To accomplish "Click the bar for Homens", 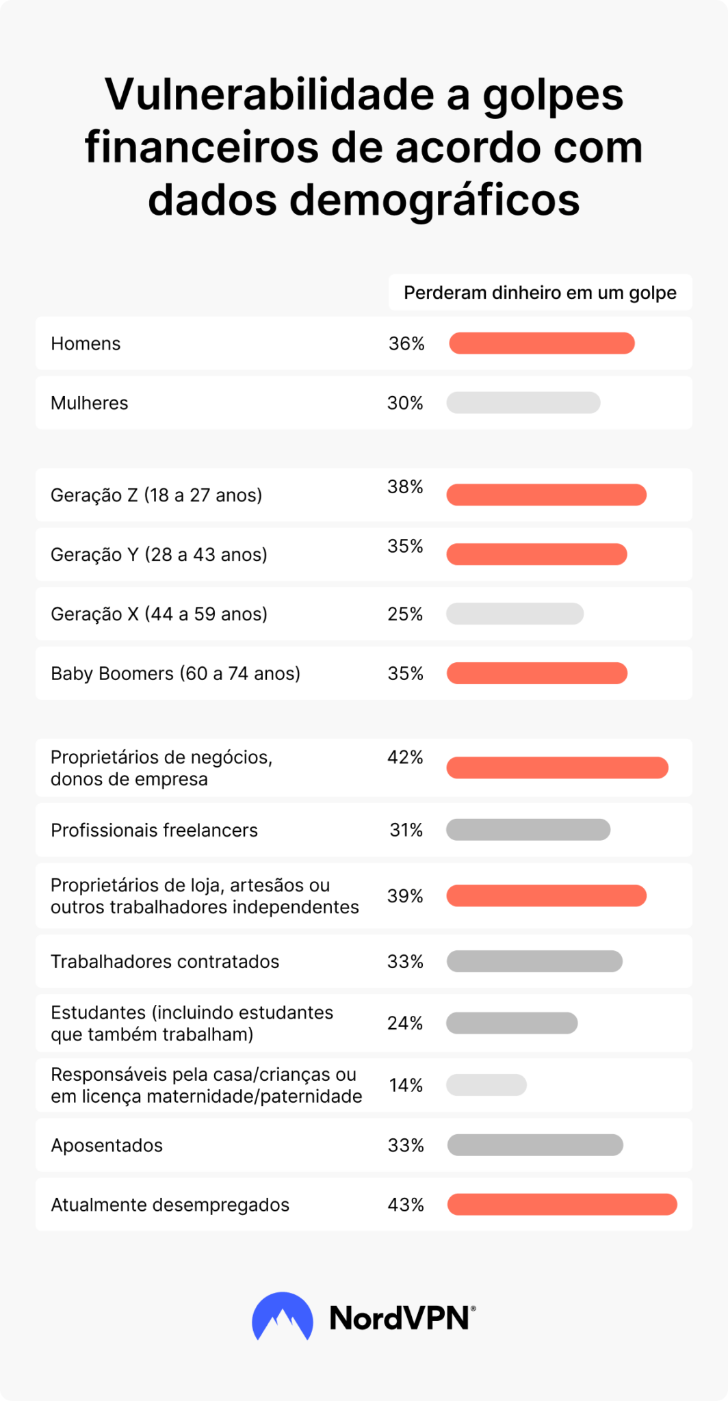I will pos(541,343).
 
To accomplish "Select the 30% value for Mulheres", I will pos(405,403).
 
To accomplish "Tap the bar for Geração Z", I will pos(546,495).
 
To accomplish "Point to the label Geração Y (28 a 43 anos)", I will pos(159,554).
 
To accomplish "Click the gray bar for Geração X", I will pos(515,614).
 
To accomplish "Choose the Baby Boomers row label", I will pos(175,673).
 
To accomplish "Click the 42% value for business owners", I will pos(405,757).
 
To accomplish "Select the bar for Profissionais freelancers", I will pos(528,830).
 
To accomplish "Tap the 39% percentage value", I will pos(405,896).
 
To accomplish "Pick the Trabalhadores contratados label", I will pos(165,961).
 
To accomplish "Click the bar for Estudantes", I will pos(512,1023).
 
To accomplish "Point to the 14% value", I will pos(406,1085).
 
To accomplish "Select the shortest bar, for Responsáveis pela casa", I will pos(486,1085).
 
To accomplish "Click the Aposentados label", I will pos(107,1145).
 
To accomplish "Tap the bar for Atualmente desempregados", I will pos(562,1205).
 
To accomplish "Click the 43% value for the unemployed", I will pos(406,1205).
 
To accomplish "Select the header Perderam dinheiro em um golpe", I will pos(540,293).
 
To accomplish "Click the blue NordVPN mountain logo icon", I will pos(283,1317).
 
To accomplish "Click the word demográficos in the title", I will pos(434,200).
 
